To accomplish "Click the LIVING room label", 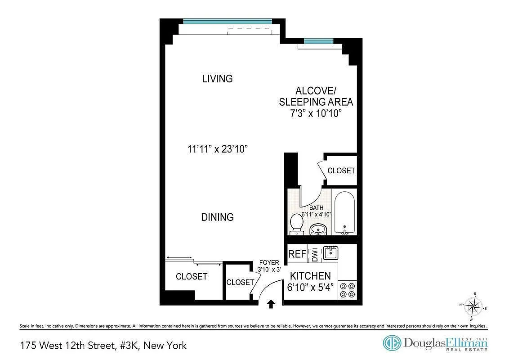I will coord(217,79).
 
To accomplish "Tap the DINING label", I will coord(217,217).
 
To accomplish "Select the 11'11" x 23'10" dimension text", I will coord(219,149).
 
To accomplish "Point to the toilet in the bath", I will coord(296,224).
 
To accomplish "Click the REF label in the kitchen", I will coord(297,254).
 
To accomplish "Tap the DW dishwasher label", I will coord(315,255).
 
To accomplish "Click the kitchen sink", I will coord(331,253).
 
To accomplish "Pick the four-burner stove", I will coord(348,289).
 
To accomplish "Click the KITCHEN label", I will coord(310,276).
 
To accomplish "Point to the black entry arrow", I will coord(271,304).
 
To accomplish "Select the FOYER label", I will coord(269,263).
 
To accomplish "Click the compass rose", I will coord(473,307).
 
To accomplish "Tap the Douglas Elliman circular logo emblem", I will coord(392,343).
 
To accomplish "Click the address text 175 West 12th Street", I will coord(103,346).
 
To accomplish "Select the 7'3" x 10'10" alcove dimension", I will coord(316,113).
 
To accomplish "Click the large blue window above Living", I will coord(228,21).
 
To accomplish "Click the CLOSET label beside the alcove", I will coord(341,171).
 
